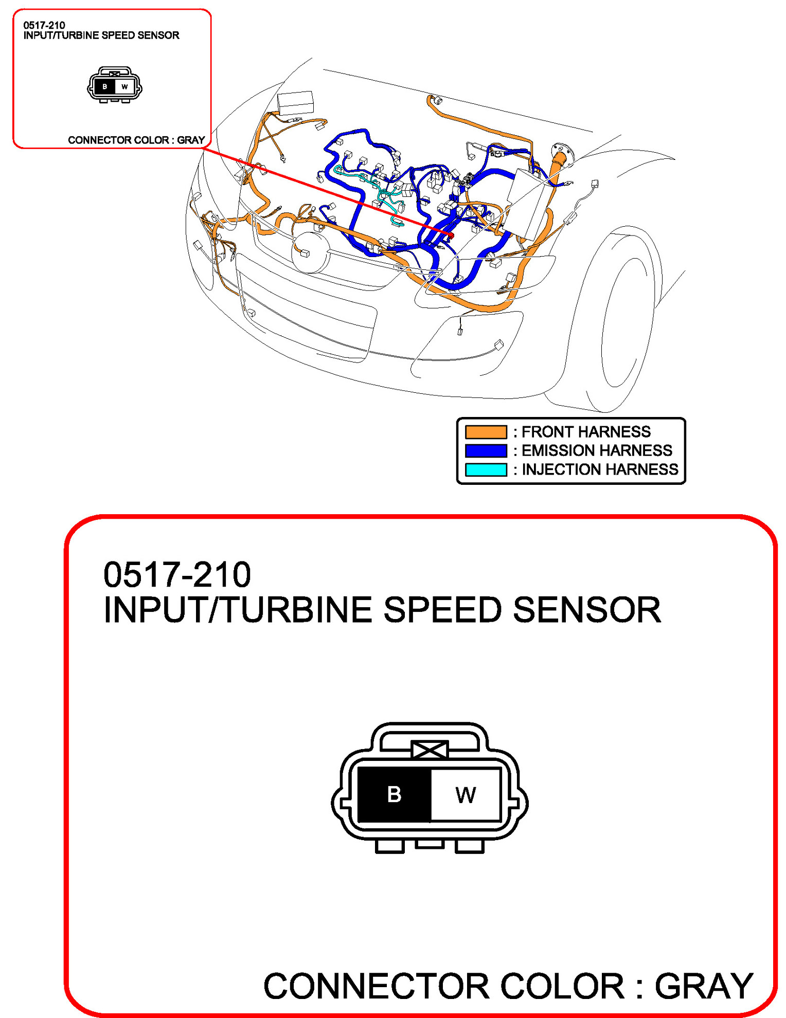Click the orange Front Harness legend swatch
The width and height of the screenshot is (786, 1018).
[x=486, y=432]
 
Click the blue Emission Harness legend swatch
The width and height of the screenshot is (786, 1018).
[x=486, y=451]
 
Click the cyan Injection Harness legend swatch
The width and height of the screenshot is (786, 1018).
[x=486, y=470]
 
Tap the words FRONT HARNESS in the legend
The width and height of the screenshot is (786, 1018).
[x=586, y=432]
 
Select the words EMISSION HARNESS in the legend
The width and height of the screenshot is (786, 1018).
[x=597, y=451]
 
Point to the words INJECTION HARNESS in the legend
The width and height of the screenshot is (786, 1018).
[x=600, y=470]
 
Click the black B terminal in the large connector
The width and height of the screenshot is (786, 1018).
[x=394, y=794]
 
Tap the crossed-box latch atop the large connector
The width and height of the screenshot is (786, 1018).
[x=430, y=750]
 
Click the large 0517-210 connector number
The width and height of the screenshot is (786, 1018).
[x=177, y=575]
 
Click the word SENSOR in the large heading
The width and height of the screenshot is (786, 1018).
[x=587, y=610]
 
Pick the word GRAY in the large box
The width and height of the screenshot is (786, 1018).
[x=704, y=986]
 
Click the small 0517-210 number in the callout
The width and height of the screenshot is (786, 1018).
[x=44, y=25]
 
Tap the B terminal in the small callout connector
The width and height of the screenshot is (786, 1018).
[x=105, y=86]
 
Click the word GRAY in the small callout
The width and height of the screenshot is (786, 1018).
[x=191, y=140]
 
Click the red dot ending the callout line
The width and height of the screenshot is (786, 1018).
[x=451, y=235]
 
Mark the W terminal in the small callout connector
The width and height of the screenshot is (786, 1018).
[x=125, y=86]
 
